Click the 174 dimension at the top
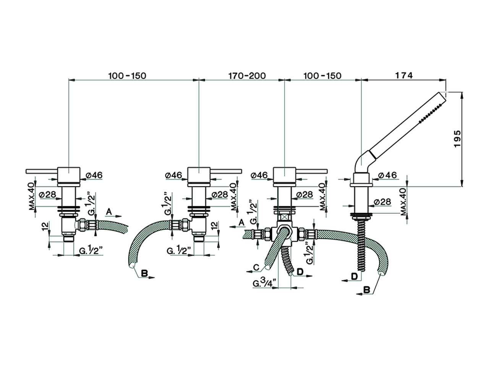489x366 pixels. point(404,75)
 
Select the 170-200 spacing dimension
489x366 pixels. point(247,75)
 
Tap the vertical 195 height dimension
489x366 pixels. point(458,139)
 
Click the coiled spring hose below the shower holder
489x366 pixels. point(361,244)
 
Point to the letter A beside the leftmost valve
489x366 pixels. point(109,211)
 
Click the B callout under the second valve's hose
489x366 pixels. point(144,273)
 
